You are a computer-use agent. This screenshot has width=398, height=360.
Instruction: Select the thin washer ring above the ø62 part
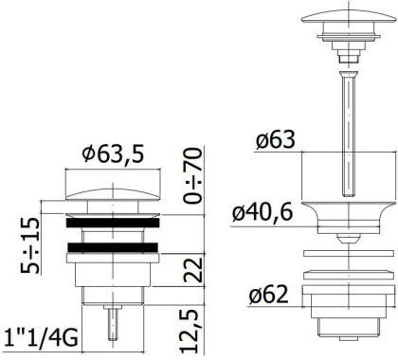point(348,253)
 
